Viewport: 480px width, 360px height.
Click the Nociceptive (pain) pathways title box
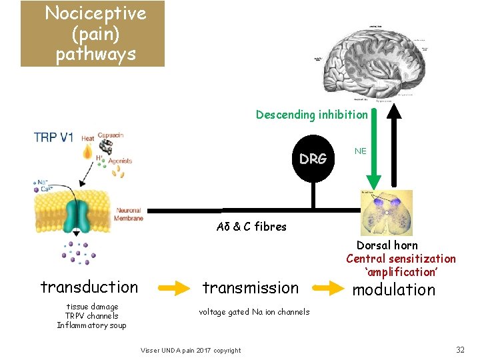click(92, 33)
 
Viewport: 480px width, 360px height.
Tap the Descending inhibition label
click(311, 115)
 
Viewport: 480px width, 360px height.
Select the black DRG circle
click(313, 159)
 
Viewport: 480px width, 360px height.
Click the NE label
click(361, 151)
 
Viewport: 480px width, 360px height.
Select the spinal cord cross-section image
click(386, 212)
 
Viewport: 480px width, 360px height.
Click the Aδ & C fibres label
click(251, 227)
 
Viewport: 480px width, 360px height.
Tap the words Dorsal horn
click(387, 245)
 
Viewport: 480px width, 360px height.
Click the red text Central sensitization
click(401, 259)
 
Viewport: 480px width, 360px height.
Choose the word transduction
click(89, 287)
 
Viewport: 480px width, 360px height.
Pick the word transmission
click(251, 288)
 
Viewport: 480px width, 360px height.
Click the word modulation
click(393, 289)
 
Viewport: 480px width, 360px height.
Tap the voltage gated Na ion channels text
click(254, 312)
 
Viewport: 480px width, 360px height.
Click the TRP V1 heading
click(54, 137)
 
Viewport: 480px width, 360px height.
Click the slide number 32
click(459, 350)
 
